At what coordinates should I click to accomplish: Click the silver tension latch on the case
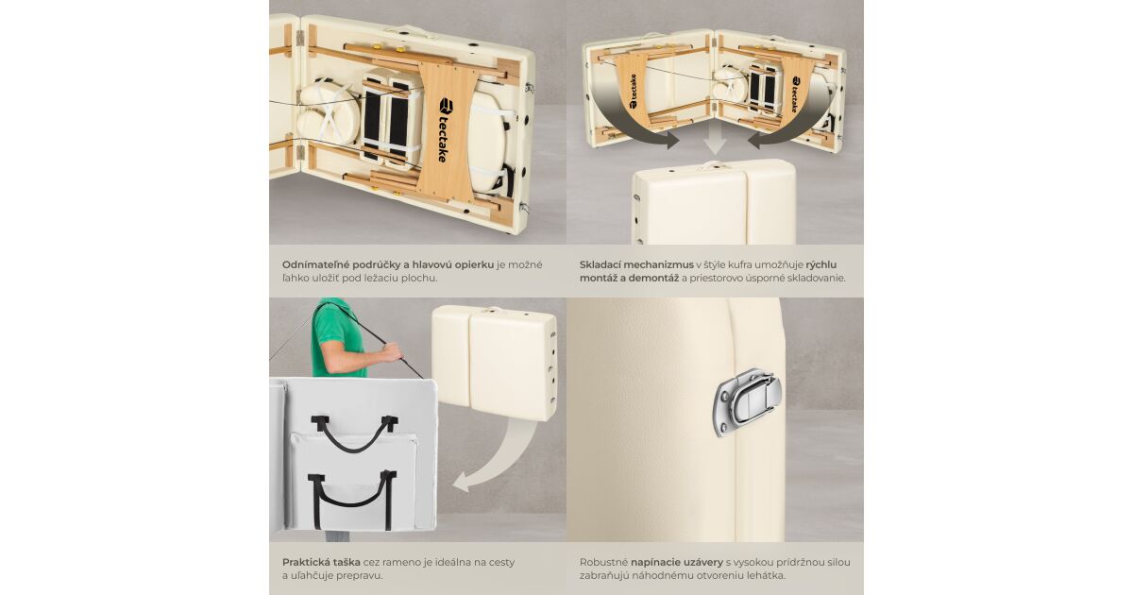pyautogui.click(x=747, y=402)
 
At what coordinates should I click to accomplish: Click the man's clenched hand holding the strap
pyautogui.click(x=393, y=351)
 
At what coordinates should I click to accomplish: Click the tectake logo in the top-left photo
pyautogui.click(x=444, y=130)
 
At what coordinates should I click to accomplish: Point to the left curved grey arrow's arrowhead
pyautogui.click(x=670, y=140)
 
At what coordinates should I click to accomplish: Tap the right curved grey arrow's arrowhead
pyautogui.click(x=756, y=140)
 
